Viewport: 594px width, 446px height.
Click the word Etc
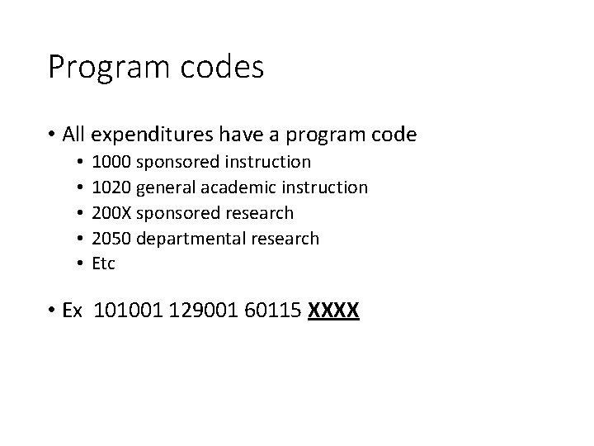click(x=104, y=264)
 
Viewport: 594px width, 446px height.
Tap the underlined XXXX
click(x=333, y=311)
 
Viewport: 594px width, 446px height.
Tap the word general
click(x=163, y=187)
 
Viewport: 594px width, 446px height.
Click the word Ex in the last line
click(x=73, y=311)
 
